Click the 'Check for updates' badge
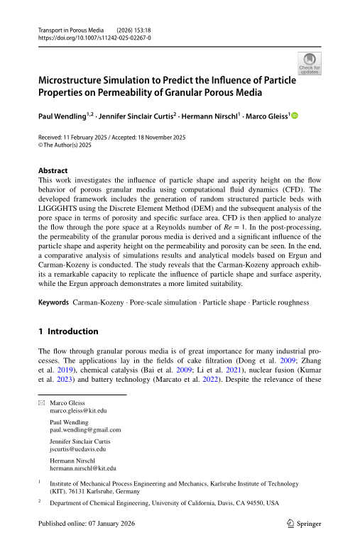(x=310, y=64)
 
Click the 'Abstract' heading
(x=53, y=171)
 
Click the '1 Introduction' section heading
(x=68, y=331)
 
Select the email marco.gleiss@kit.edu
(x=78, y=411)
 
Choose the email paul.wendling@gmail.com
(x=85, y=430)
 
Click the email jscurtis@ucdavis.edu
(x=78, y=449)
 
